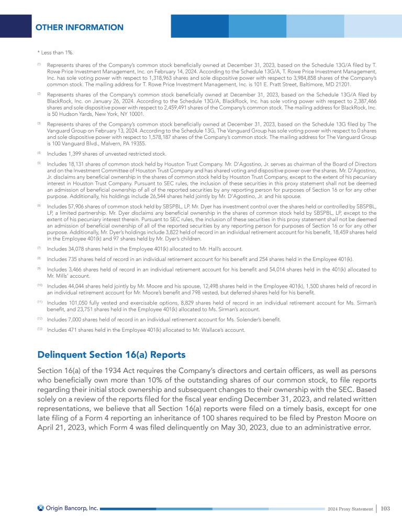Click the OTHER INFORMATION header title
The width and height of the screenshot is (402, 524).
coord(80,27)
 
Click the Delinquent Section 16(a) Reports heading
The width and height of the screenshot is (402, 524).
coord(111,355)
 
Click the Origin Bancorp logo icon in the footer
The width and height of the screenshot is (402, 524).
coord(40,508)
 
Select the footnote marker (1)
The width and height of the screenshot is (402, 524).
coord(39,64)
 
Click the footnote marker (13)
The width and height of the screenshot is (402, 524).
coord(40,329)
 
